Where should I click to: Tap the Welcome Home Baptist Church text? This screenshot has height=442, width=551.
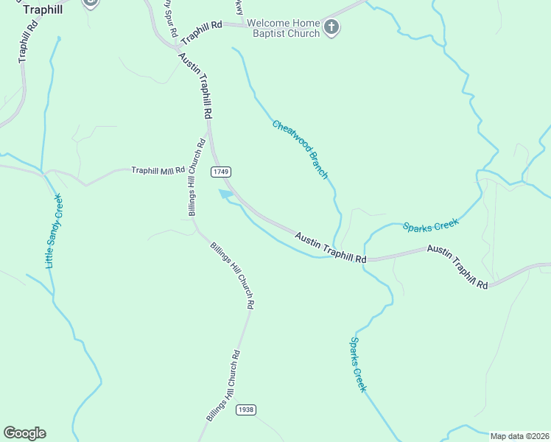283,28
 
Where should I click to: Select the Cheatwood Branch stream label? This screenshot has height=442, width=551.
300,150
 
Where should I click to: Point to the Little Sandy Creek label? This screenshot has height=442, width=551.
54,231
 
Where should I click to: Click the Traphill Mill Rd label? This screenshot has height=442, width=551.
158,170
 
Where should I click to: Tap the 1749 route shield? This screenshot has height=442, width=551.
220,172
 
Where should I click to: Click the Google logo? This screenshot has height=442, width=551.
24,433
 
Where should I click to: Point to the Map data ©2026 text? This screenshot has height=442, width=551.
519,436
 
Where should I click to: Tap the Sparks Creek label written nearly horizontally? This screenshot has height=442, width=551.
430,225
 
